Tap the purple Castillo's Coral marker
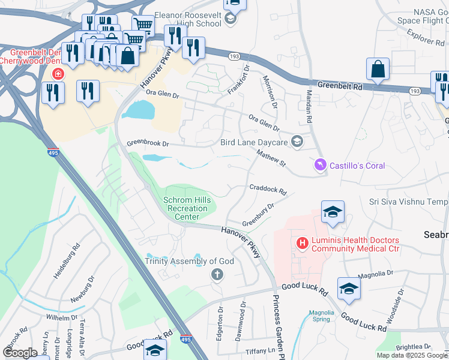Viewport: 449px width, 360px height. [320, 165]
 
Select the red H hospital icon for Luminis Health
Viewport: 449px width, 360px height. [303, 243]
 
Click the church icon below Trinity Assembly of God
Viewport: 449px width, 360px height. [216, 275]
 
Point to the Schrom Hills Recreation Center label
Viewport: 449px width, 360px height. [186, 208]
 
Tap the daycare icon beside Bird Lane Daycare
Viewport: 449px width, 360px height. [296, 142]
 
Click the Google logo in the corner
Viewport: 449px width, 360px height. [20, 353]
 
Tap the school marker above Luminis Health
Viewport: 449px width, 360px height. [333, 212]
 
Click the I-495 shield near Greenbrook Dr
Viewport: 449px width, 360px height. [53, 154]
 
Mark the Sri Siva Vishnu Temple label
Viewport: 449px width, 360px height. [408, 203]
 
